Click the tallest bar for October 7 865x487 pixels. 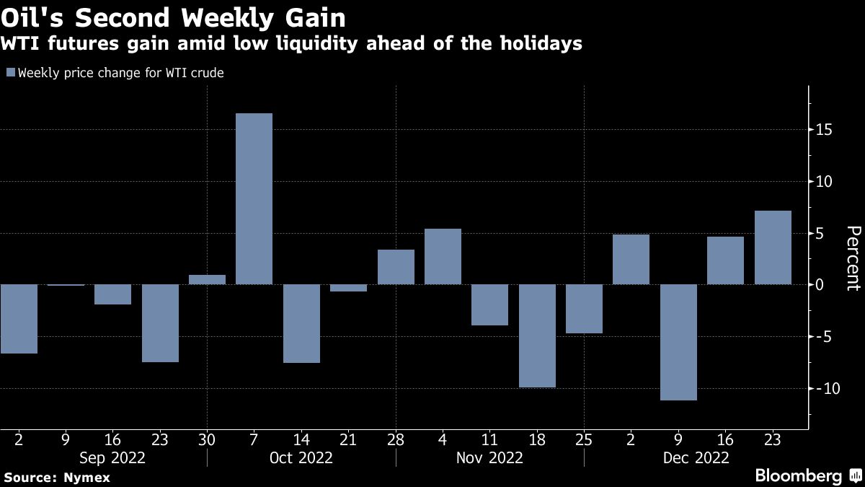pos(254,198)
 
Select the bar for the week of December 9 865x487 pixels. pos(678,342)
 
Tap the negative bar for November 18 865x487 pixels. pos(537,335)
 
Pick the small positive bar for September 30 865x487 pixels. pos(207,279)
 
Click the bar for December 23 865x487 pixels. pos(773,247)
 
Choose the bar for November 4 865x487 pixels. pos(443,256)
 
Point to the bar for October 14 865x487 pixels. pos(301,323)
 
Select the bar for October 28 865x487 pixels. pos(396,267)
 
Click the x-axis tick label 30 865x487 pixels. pos(207,439)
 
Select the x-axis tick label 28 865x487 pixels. pos(396,439)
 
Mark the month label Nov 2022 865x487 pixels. pos(490,457)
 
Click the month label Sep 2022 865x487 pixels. pos(113,457)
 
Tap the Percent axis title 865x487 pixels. pos(853,258)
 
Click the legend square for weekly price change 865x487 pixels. pos(10,73)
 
